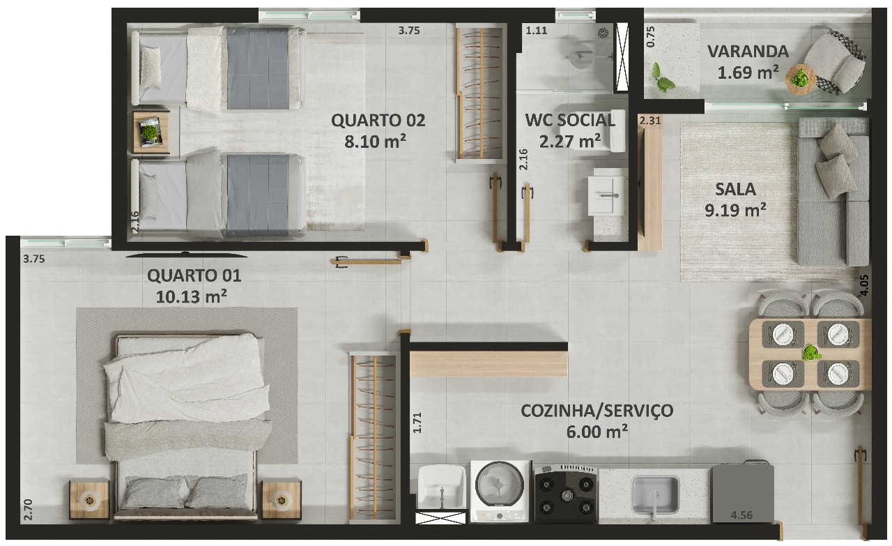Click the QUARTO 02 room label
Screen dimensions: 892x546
tap(378, 121)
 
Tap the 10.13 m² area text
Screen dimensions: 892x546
tap(191, 296)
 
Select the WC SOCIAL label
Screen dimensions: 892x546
tap(570, 121)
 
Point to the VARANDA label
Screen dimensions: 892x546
tap(748, 52)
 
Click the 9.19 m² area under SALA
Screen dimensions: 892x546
tap(735, 210)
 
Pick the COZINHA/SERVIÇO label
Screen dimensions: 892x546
tap(597, 411)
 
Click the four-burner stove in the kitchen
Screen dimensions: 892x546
tap(566, 494)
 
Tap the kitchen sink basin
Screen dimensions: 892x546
tap(654, 495)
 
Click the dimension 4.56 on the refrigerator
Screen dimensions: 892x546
tap(741, 515)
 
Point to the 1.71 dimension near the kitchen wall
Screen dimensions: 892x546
tap(417, 423)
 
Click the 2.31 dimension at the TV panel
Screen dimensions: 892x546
tap(650, 121)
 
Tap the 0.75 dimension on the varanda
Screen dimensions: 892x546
tap(650, 37)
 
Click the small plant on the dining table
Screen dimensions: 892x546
tap(811, 353)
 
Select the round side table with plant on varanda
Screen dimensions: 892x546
tap(801, 79)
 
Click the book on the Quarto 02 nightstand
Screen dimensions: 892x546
tap(150, 132)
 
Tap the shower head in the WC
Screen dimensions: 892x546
tap(603, 33)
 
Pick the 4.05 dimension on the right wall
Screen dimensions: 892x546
tap(864, 285)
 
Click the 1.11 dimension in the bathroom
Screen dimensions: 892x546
tap(537, 31)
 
